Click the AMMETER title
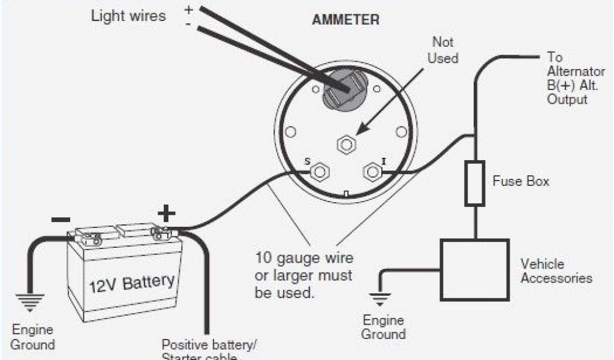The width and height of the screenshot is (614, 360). coord(345,20)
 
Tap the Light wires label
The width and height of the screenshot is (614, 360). coord(128,16)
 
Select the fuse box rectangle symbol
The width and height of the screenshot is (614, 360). coord(475,183)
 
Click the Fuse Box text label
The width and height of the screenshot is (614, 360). coord(521,181)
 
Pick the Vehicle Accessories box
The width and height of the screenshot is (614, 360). coord(474,269)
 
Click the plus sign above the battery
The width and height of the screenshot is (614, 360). coord(166,212)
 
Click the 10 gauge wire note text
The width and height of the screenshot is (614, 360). coord(304,276)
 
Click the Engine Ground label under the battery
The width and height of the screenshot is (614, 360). coord(32,337)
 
